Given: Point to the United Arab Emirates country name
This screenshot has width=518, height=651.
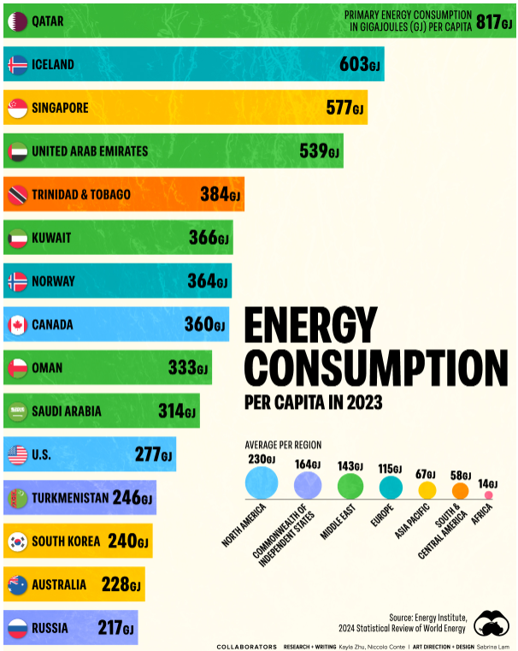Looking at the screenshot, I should pos(90,151).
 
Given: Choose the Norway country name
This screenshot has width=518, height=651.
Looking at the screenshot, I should pos(53,281).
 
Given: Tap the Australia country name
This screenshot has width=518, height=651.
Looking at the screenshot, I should pos(59,585).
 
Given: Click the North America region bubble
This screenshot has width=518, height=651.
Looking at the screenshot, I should pos(262,483).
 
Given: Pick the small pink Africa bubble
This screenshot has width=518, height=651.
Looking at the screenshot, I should pos(489,494).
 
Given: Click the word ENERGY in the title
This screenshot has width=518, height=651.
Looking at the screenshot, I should pos(310,327).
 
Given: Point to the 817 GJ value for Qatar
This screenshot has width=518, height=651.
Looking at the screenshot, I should pos(494,21).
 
